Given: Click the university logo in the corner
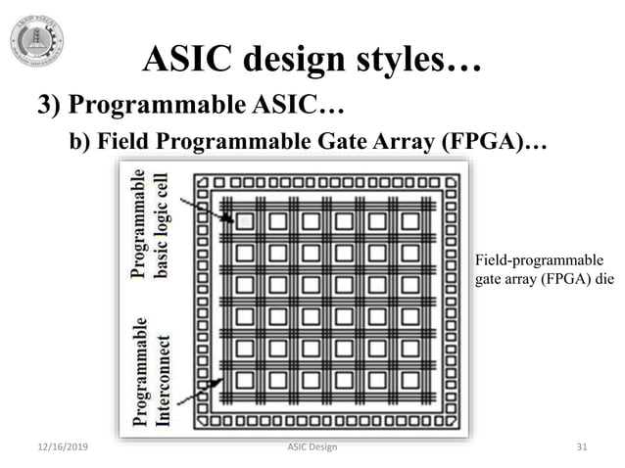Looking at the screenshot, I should point(36,40).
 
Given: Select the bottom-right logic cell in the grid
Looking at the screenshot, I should point(409,381).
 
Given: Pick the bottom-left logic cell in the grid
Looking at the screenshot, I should point(245,381).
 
